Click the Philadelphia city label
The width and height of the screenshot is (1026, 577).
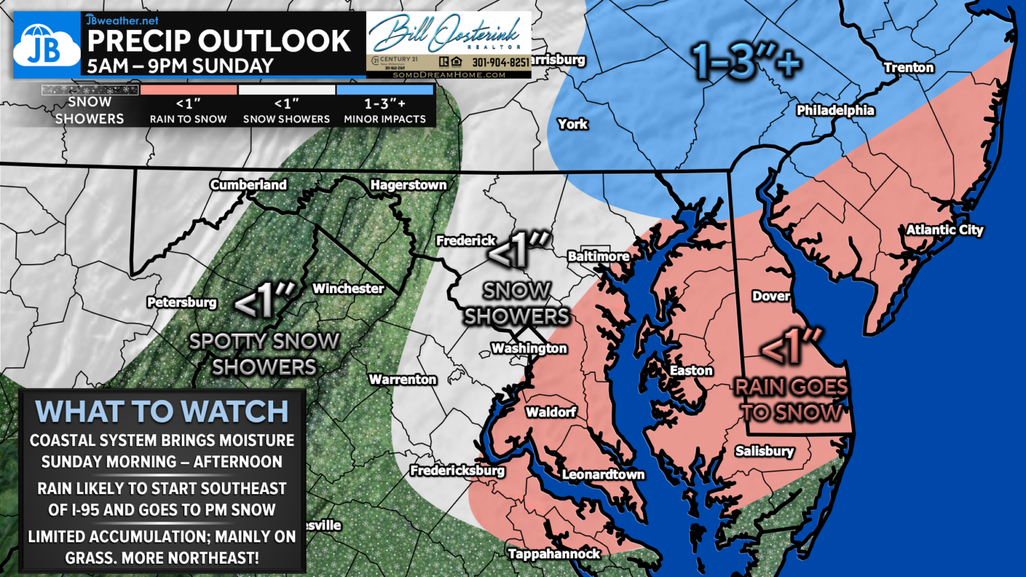click(x=835, y=110)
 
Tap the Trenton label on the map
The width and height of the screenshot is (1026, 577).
click(x=908, y=67)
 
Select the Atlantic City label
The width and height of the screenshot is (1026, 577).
click(x=945, y=230)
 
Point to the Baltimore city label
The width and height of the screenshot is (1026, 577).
click(x=598, y=256)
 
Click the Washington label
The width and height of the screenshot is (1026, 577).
click(x=528, y=348)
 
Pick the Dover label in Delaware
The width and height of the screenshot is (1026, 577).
click(x=771, y=296)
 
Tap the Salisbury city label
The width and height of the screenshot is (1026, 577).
click(x=764, y=451)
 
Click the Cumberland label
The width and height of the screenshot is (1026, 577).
click(x=248, y=184)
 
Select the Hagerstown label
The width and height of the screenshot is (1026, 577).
click(x=408, y=184)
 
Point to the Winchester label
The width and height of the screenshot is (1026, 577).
click(x=348, y=288)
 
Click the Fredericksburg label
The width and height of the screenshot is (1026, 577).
click(x=457, y=471)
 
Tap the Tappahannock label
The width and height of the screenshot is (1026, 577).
click(x=554, y=554)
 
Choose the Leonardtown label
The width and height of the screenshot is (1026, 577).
click(x=603, y=474)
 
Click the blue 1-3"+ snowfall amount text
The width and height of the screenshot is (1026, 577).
click(x=745, y=61)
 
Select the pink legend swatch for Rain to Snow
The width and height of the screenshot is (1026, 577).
click(x=188, y=89)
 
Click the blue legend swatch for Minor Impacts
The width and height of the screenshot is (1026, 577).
click(x=385, y=89)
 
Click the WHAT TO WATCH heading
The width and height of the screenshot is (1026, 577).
click(x=162, y=411)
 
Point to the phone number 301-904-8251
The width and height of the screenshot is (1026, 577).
click(x=500, y=62)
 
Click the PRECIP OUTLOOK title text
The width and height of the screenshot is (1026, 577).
click(x=218, y=41)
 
